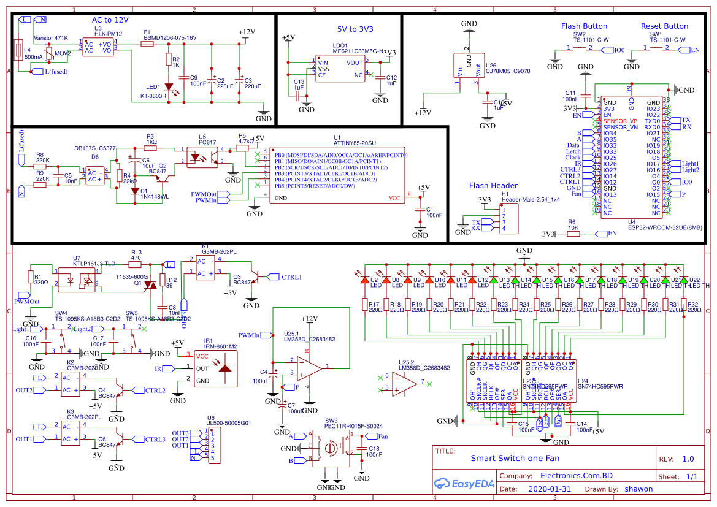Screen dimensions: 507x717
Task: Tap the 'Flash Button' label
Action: click(x=584, y=26)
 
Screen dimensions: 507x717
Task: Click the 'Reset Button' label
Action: click(x=664, y=26)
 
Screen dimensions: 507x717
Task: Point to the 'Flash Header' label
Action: click(x=493, y=186)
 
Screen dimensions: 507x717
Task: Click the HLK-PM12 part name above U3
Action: click(x=108, y=34)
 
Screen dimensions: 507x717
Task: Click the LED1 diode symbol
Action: click(x=168, y=88)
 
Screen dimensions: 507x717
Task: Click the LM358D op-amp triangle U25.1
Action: click(x=309, y=368)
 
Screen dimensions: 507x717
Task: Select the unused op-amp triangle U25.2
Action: click(x=404, y=384)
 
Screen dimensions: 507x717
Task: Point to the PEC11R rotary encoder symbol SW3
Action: click(x=331, y=448)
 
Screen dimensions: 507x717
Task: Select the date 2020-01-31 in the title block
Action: click(x=548, y=489)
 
